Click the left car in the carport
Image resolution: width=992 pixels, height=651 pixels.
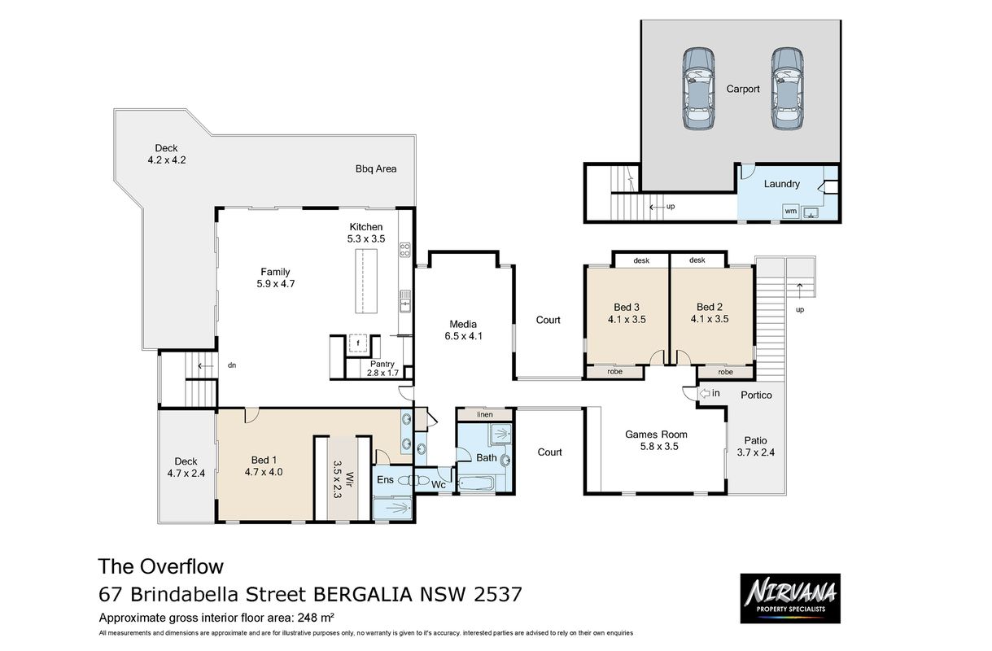(698, 89)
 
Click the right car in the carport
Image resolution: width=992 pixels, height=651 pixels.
(787, 89)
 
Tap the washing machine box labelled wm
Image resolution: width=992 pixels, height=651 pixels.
(790, 211)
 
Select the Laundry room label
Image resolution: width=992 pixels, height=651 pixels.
(782, 184)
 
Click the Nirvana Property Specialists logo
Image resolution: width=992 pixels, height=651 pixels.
(790, 598)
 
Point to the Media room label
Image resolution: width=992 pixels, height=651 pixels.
(463, 324)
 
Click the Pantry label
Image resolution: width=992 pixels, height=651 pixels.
(382, 364)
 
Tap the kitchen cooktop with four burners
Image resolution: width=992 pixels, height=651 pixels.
(404, 250)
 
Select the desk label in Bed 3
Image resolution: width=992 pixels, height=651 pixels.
(641, 260)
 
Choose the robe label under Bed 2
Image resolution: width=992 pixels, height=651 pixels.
(725, 372)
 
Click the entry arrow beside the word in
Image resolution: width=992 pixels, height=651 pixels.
(704, 393)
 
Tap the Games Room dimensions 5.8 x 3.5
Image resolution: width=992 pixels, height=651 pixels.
(659, 447)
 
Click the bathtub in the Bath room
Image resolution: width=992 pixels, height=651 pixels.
(476, 483)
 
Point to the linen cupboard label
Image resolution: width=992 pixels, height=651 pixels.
(485, 414)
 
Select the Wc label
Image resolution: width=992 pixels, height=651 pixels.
(439, 485)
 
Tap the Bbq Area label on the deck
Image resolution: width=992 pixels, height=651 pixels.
(376, 168)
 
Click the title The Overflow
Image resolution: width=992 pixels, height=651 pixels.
(161, 566)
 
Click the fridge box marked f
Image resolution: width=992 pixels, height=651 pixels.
(358, 343)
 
